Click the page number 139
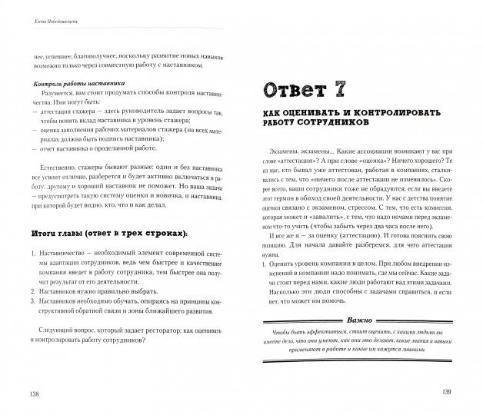[449, 393]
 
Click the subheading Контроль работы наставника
[75, 83]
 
